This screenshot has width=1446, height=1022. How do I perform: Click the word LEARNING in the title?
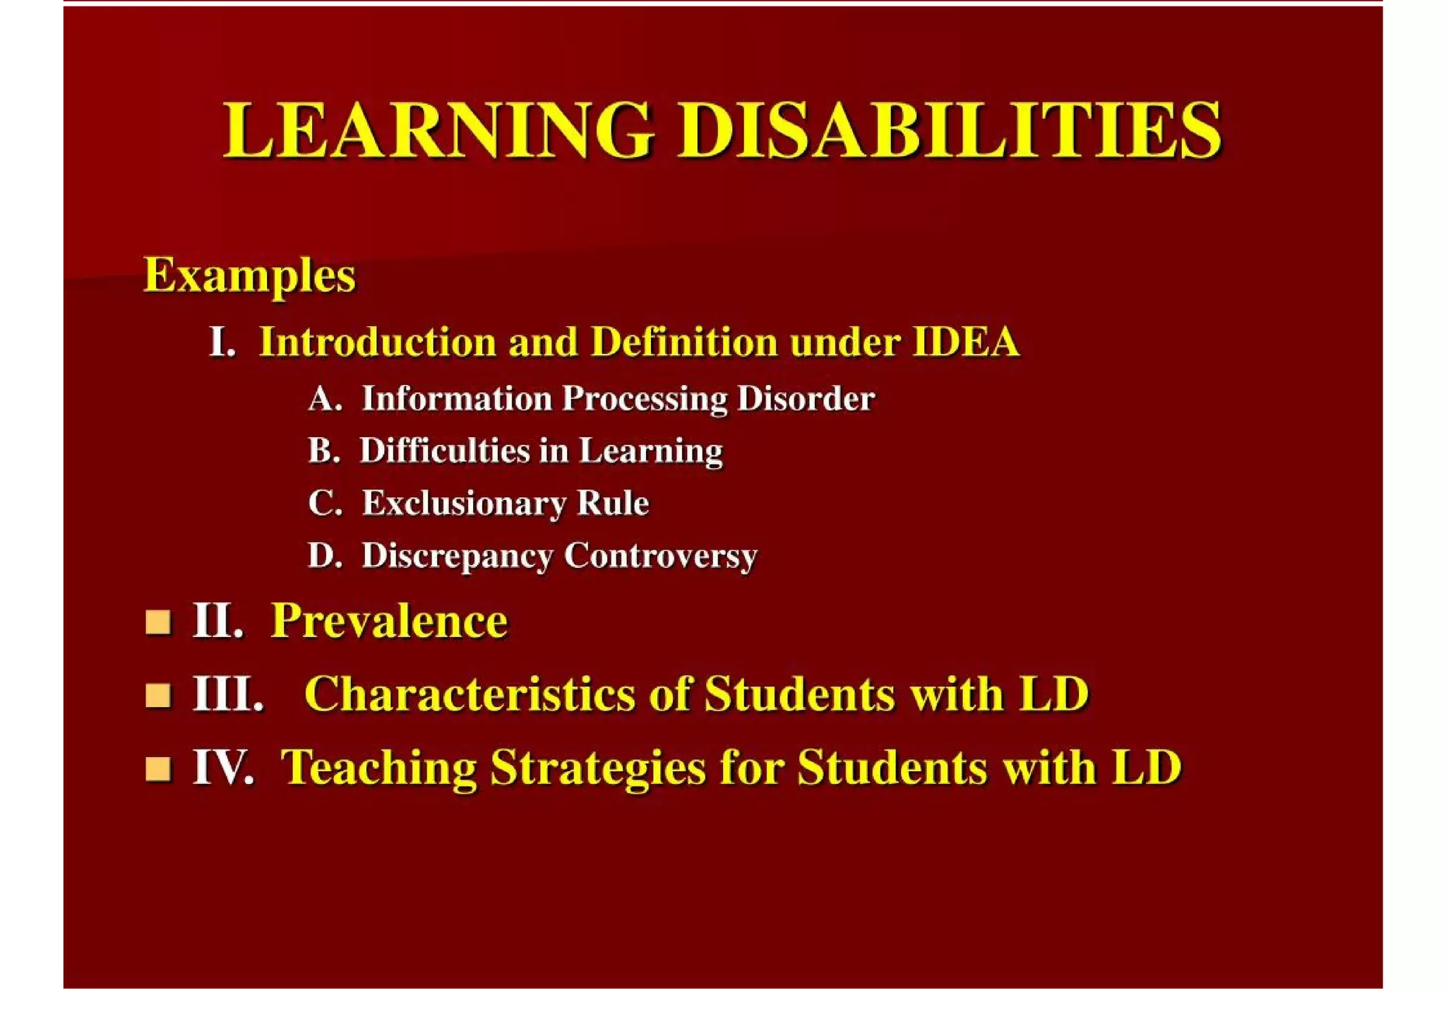pos(438,131)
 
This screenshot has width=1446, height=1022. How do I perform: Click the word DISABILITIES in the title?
pos(950,131)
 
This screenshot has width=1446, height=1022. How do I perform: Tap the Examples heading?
pos(249,275)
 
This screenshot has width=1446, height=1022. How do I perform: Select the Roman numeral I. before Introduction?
pos(222,343)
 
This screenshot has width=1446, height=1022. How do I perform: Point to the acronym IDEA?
pos(966,343)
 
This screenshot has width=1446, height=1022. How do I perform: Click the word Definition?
pos(683,343)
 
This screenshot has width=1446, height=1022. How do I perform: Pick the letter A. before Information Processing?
pos(325,399)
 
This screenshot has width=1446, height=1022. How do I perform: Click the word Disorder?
pos(806,399)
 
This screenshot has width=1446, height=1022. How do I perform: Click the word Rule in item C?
pos(613,504)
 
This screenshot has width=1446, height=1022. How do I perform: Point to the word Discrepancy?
pos(457,556)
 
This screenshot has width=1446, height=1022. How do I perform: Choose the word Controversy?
pos(660,556)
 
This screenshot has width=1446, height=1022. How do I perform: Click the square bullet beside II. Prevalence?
pos(158,622)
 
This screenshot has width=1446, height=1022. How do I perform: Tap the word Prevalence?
pos(389,622)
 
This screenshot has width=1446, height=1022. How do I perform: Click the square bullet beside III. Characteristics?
pos(158,695)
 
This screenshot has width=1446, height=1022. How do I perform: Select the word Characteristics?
pos(470,694)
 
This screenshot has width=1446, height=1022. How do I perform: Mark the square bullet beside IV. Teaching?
pos(158,768)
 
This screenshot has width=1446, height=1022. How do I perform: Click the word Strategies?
pos(598,768)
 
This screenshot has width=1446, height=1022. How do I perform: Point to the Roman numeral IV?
pos(222,768)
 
